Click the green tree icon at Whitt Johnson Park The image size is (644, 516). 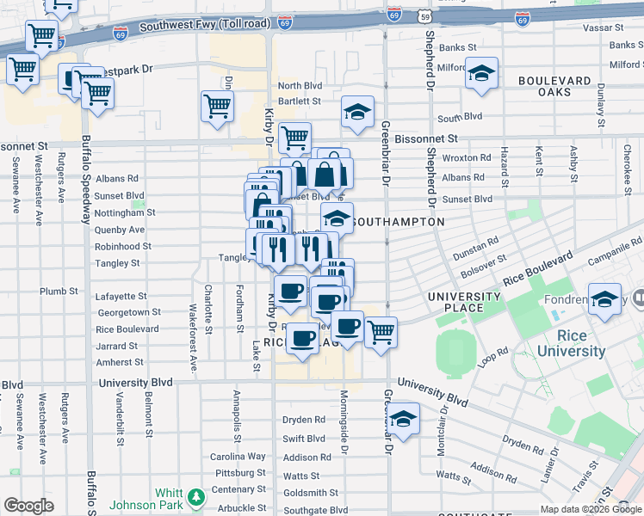pos(197,496)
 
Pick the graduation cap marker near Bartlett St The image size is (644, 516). pos(357,111)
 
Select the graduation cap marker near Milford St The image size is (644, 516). pos(482,72)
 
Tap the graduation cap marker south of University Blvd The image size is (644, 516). pos(402,418)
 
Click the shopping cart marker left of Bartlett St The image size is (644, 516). pos(217,107)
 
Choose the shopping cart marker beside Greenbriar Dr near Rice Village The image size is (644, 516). pos(380,331)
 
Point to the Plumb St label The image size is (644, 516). pos(59,292)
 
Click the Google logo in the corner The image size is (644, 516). pos(28,506)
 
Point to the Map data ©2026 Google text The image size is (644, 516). pos(591,509)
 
